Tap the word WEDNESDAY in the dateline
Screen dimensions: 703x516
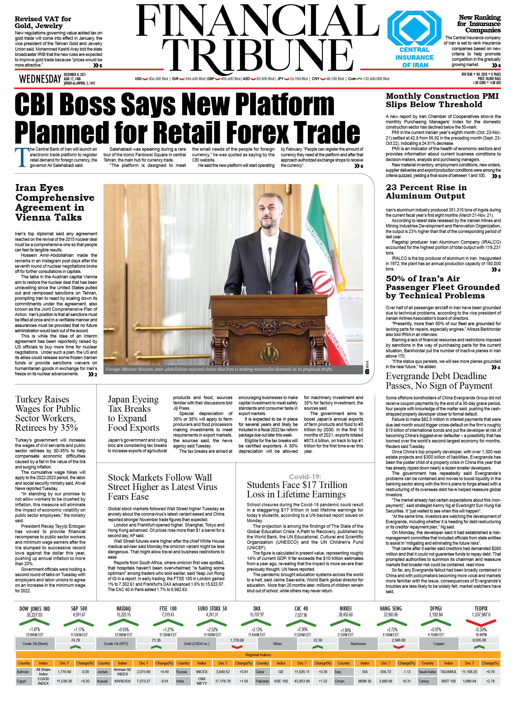40,79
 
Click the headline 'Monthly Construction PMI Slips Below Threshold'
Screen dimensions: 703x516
442,100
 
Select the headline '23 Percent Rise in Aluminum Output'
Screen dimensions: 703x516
426,191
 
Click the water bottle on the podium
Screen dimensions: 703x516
244,290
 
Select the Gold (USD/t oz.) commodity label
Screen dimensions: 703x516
196,644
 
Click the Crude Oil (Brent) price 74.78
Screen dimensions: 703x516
75,640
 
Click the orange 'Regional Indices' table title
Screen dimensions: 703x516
258,655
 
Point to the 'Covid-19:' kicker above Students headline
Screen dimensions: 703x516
305,477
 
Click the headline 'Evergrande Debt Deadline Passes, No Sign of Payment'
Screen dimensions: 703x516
439,381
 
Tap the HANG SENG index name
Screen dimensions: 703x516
391,608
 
